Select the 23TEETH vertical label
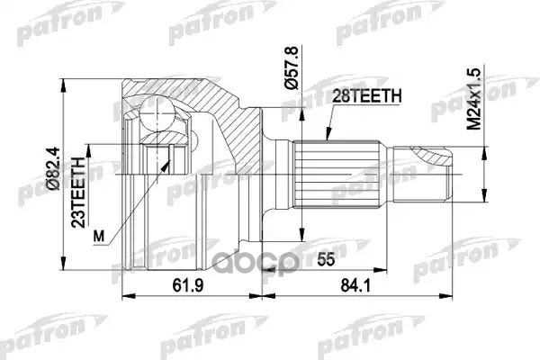[79, 193]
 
